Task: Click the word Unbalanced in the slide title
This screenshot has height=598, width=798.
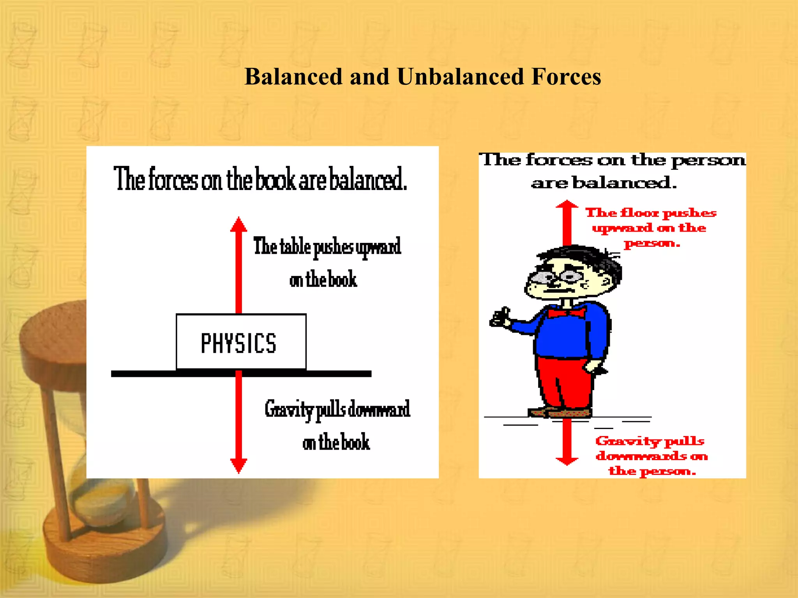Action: pos(461,77)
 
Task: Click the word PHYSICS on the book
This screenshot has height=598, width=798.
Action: pos(238,343)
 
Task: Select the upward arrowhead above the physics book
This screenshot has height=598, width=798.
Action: pos(238,225)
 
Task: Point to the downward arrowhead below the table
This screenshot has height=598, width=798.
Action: pos(238,465)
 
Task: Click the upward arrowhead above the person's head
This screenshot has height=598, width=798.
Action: pos(567,206)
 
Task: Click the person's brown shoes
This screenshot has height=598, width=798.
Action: pos(560,412)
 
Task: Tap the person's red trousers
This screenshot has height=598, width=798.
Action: pos(565,382)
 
